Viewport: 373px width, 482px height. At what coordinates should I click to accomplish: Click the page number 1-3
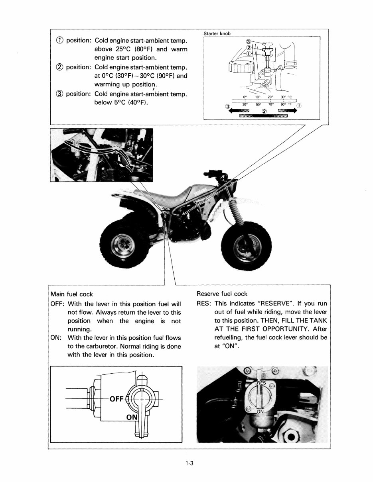[189, 463]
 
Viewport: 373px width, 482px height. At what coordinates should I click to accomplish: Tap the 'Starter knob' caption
[217, 33]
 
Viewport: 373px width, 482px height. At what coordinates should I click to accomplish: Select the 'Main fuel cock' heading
[71, 294]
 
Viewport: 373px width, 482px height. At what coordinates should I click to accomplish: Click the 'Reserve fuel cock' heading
[222, 294]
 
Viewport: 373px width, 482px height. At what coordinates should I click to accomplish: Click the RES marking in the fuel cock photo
[261, 383]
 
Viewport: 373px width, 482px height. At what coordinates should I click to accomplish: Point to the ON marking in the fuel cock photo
[260, 411]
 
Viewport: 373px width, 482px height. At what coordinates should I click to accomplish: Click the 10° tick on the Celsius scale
[258, 97]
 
